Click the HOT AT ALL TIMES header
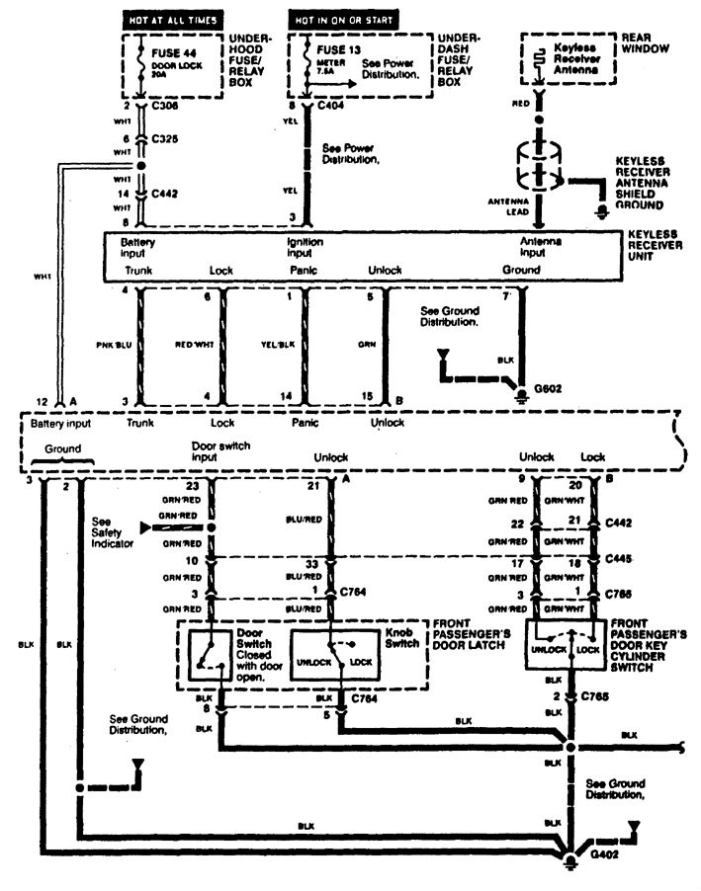171,20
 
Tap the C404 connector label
331,104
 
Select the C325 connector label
165,140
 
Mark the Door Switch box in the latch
212,650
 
